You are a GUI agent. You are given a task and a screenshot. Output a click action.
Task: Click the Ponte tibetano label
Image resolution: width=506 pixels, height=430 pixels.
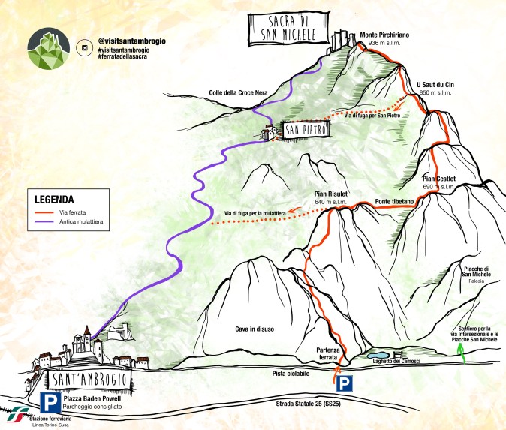click(394, 203)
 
